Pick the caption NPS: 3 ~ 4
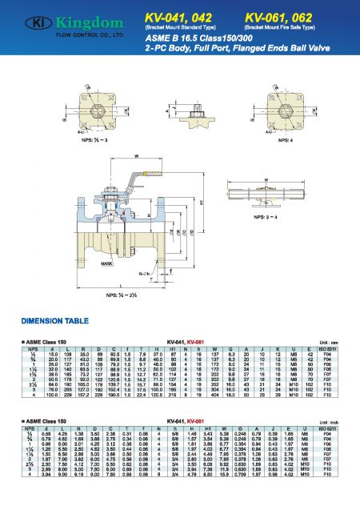point(290,216)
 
